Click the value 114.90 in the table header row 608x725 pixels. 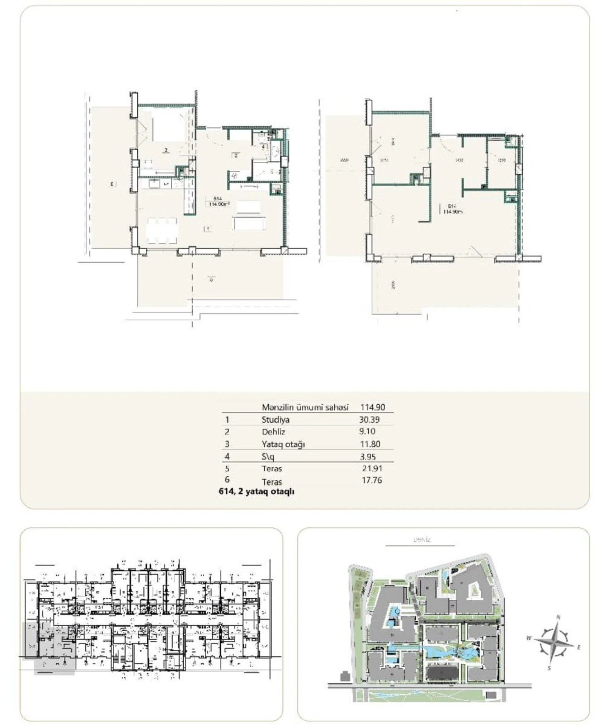pyautogui.click(x=372, y=407)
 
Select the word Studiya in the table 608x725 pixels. pyautogui.click(x=275, y=420)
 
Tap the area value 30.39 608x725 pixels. pyautogui.click(x=369, y=420)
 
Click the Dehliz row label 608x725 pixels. pyautogui.click(x=273, y=432)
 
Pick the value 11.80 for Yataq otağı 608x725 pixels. pyautogui.click(x=370, y=444)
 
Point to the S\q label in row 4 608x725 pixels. pyautogui.click(x=268, y=457)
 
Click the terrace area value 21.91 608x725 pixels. pyautogui.click(x=372, y=469)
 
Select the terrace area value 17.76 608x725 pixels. pyautogui.click(x=371, y=480)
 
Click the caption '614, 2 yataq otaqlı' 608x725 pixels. pyautogui.click(x=256, y=492)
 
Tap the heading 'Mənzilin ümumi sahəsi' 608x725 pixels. pyautogui.click(x=305, y=407)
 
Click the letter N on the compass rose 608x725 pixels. pyautogui.click(x=559, y=617)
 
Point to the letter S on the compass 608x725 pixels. pyautogui.click(x=549, y=668)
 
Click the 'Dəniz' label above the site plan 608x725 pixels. pyautogui.click(x=422, y=540)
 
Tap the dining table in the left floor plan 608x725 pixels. pyautogui.click(x=162, y=231)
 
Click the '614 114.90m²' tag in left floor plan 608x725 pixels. pyautogui.click(x=218, y=201)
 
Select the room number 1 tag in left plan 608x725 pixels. pyautogui.click(x=208, y=229)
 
